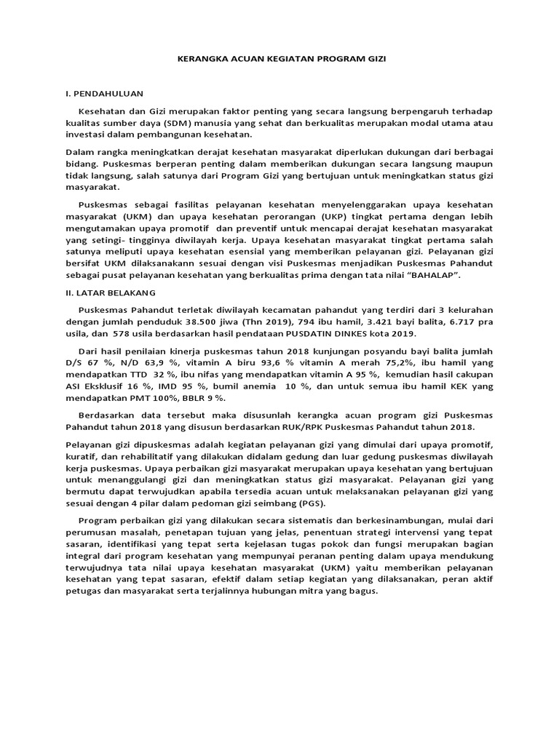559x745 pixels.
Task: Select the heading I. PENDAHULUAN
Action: [105, 94]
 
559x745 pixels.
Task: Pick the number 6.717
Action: [467, 321]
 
